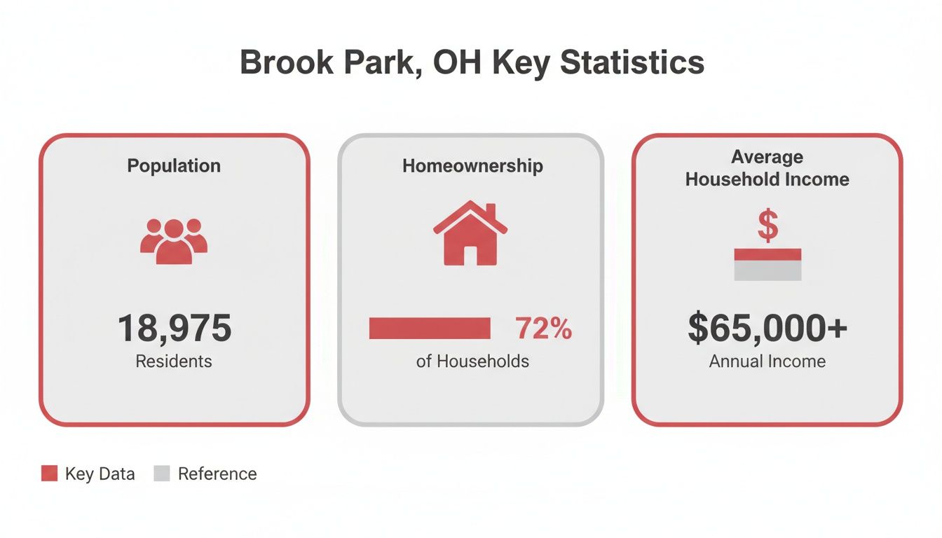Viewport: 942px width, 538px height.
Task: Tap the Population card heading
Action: click(174, 166)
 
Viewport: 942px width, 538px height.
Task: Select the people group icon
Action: click(174, 240)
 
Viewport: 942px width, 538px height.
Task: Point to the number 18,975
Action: click(174, 328)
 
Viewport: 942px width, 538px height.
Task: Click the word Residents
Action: click(174, 361)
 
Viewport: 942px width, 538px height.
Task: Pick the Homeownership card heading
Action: click(472, 166)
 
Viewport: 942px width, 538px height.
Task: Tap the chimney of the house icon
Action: click(491, 211)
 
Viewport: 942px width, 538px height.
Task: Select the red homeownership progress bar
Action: click(430, 328)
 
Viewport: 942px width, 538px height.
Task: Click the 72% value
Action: click(544, 328)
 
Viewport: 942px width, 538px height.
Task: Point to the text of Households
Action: click(472, 361)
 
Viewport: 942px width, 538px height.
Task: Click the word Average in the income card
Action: click(767, 157)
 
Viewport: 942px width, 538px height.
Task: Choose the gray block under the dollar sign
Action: click(767, 270)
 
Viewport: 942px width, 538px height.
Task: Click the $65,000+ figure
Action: click(767, 328)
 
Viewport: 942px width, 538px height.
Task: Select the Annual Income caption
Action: click(767, 361)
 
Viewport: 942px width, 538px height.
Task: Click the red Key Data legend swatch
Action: click(49, 474)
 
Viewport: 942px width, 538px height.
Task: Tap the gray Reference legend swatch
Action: click(162, 474)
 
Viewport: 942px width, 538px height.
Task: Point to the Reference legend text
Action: click(217, 474)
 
